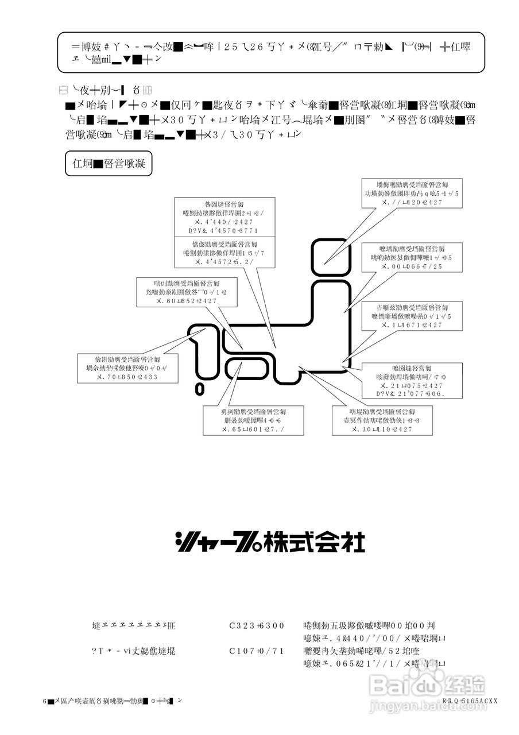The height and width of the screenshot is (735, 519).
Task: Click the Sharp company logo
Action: pos(270,541)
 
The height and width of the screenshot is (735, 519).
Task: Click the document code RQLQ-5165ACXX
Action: pos(469,701)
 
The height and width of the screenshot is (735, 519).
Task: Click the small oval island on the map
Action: pos(199,389)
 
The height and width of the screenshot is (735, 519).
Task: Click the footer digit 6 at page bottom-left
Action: pos(45,701)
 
